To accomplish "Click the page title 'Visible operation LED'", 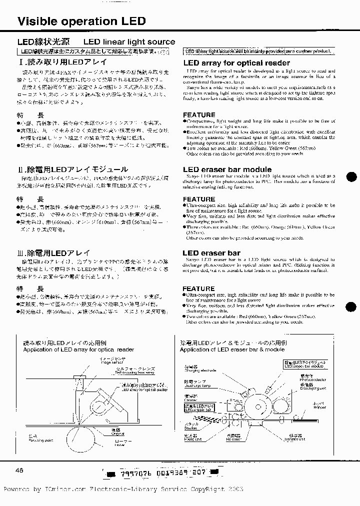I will click(x=81, y=21).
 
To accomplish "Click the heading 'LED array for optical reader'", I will click(x=236, y=63).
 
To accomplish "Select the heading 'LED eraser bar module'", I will click(x=226, y=169).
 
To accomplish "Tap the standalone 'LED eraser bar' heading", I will click(x=211, y=253).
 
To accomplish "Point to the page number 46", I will click(x=20, y=470).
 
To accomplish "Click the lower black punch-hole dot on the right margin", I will click(x=351, y=307).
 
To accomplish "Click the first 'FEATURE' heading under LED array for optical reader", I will click(x=198, y=115).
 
